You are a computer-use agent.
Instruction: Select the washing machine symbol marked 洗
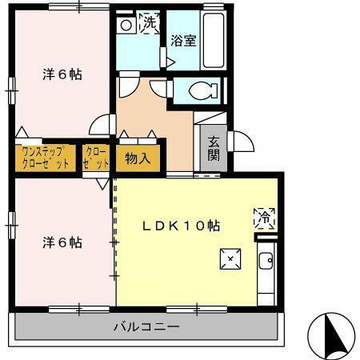149,24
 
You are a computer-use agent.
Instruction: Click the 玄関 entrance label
214,149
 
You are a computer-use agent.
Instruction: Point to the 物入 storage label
138,158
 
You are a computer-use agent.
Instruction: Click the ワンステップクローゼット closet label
45,157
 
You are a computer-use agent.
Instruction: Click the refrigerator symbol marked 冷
264,216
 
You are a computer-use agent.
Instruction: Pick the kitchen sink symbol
266,261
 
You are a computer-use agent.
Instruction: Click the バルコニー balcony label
146,326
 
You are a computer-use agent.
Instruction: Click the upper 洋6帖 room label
62,74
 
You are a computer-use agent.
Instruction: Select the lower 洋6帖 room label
62,242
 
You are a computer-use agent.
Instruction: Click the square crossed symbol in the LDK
230,258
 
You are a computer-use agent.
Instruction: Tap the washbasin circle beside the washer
126,25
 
